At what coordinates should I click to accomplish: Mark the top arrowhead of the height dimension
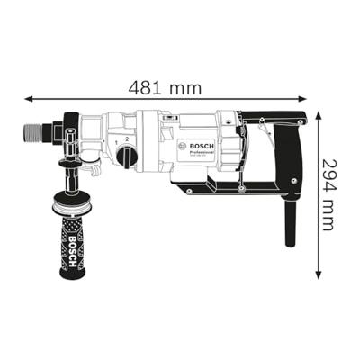pyautogui.click(x=318, y=112)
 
